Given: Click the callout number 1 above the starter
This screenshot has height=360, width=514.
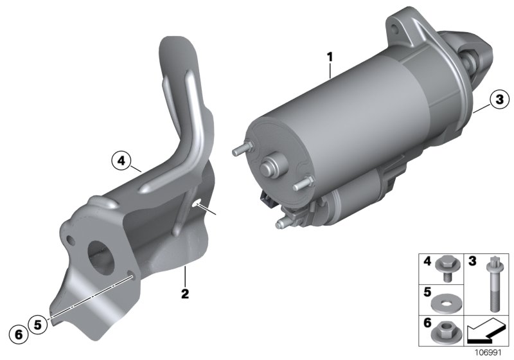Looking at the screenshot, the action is coord(330,57).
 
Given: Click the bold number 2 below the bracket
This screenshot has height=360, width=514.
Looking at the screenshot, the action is coord(185,293).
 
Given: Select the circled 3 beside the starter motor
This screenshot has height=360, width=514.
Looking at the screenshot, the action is coord(499,99).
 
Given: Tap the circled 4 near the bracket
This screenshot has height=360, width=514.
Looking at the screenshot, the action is coord(121,161).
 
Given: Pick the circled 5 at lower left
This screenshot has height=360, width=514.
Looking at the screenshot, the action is coord(38,325).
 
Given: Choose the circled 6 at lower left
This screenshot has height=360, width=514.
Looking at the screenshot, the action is coord(19,334).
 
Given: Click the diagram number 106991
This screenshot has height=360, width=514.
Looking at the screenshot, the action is coord(488,353).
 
